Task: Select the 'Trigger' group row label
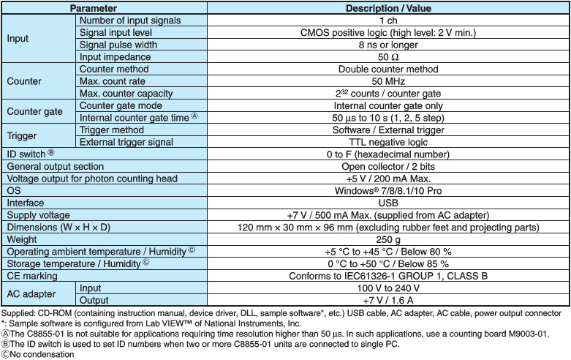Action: coord(22,135)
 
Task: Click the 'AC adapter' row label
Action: coord(31,294)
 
